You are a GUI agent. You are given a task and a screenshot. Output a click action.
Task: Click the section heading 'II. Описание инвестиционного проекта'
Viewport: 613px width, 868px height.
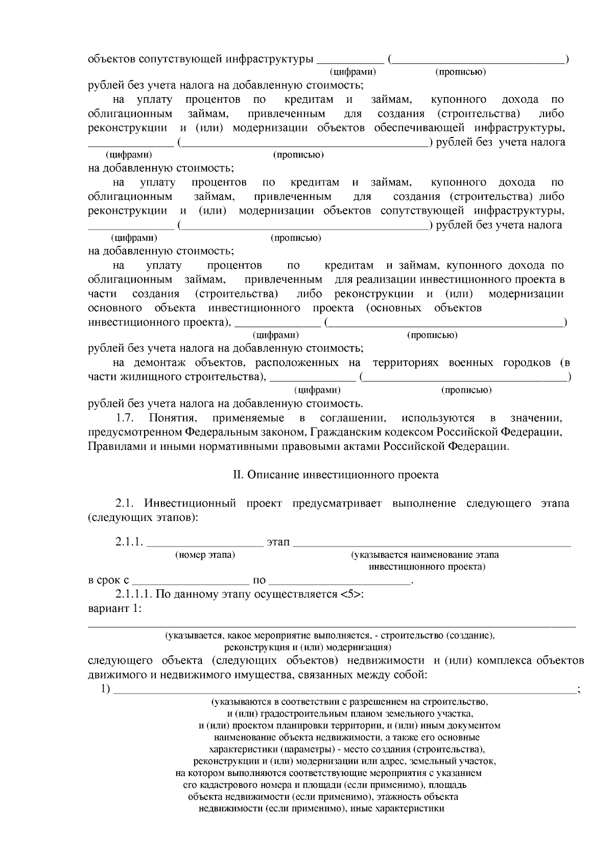click(x=336, y=475)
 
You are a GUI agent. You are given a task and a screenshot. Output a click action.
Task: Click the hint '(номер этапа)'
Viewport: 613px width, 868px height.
click(x=205, y=555)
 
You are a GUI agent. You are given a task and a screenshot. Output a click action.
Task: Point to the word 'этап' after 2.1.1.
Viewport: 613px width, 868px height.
click(x=278, y=541)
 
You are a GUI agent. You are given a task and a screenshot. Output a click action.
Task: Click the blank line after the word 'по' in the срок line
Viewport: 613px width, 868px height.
click(x=339, y=581)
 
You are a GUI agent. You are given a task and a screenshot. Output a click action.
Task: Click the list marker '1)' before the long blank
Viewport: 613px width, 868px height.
click(x=106, y=689)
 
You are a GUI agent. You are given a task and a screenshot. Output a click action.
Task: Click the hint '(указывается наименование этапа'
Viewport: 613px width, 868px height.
click(x=425, y=555)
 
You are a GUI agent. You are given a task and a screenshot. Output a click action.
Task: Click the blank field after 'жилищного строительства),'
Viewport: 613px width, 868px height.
click(x=312, y=377)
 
